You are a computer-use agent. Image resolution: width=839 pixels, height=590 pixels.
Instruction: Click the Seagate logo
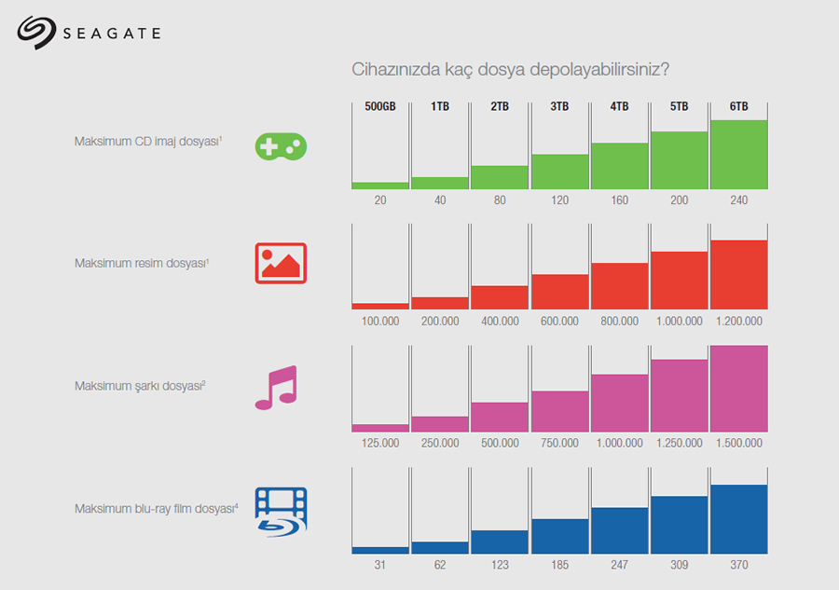89,33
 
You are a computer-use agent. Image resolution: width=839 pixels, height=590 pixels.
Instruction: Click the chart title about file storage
510,70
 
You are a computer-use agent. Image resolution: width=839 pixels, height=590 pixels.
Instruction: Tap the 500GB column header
380,107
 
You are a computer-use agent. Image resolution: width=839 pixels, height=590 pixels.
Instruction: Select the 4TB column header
619,107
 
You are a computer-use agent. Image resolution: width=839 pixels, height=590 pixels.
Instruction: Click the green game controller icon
281,145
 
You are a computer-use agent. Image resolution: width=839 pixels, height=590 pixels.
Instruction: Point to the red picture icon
281,263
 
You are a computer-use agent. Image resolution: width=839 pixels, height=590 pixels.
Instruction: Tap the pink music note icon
276,387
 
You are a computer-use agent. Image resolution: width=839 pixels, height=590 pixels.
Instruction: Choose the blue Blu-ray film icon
281,511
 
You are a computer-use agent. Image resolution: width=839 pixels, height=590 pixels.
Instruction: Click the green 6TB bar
738,155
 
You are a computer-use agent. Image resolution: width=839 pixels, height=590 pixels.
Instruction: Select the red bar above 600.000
559,292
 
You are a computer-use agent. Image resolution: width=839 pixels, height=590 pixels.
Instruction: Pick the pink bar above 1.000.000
619,403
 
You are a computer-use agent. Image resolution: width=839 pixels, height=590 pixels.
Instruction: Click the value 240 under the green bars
738,200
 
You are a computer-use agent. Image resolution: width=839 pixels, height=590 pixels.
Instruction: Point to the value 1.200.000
738,322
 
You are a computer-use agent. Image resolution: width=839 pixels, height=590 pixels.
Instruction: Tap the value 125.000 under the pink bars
380,444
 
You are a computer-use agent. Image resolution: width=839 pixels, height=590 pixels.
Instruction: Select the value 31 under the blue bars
380,565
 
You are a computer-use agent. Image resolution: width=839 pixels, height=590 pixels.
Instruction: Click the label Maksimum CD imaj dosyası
148,142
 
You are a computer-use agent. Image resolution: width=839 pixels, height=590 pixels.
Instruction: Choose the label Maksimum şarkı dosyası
140,386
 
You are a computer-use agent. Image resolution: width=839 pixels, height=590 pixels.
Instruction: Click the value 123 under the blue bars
500,565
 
